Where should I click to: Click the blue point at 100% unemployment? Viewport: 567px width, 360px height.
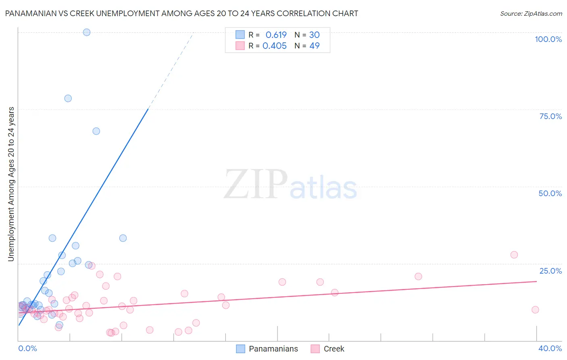click(x=87, y=32)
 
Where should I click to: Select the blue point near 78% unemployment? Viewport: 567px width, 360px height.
click(x=68, y=98)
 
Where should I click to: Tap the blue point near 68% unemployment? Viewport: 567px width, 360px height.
click(x=96, y=131)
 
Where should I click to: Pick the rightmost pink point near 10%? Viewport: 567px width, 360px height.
click(x=535, y=310)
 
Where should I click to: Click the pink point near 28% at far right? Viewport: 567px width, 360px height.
click(x=514, y=255)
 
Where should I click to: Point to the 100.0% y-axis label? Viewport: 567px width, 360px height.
click(x=548, y=39)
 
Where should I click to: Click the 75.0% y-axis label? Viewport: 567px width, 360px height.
click(x=550, y=116)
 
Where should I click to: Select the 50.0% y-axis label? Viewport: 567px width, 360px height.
click(x=550, y=193)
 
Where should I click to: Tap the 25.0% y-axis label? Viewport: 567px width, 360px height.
click(x=550, y=271)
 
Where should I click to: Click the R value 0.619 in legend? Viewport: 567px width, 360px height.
click(x=276, y=35)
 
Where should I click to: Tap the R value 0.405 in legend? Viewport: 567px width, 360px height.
click(x=275, y=46)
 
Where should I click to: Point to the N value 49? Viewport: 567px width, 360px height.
click(x=315, y=46)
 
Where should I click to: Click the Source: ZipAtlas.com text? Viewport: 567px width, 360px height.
click(x=531, y=14)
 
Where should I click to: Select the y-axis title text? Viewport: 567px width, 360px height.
click(x=11, y=184)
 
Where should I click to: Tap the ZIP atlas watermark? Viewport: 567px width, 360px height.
click(x=290, y=185)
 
